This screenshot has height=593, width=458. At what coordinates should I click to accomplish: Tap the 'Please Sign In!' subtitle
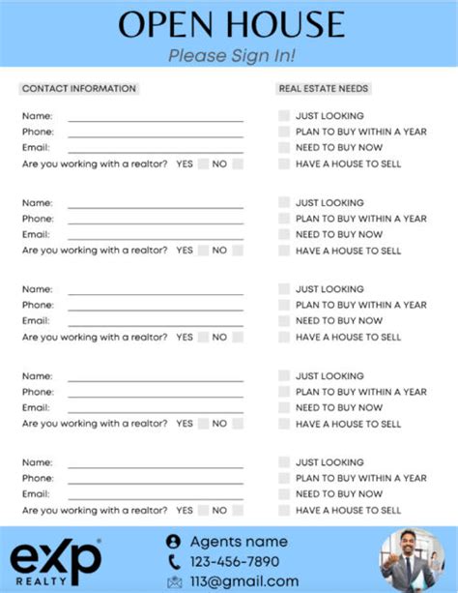(232, 55)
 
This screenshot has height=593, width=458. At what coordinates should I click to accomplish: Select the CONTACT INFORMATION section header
(79, 89)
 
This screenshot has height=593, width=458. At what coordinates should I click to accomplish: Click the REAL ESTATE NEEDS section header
(324, 89)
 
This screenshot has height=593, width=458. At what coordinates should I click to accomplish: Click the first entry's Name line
(156, 118)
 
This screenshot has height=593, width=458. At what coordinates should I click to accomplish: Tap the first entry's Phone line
(156, 133)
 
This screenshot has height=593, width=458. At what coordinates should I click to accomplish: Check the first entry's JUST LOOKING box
(284, 116)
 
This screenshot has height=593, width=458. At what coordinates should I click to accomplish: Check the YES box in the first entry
(203, 164)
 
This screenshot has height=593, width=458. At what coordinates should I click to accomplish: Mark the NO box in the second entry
(238, 251)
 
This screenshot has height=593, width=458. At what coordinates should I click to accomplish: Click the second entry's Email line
(156, 236)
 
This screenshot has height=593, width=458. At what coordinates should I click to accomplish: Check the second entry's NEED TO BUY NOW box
(284, 234)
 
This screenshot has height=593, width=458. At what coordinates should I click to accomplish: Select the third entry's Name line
(156, 290)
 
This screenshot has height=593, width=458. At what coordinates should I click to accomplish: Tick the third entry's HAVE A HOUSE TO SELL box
(284, 337)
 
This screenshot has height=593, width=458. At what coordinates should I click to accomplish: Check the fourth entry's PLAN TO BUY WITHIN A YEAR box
(284, 392)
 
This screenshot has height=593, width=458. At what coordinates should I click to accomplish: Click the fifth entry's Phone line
(156, 480)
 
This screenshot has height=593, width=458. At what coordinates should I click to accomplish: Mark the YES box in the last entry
(203, 510)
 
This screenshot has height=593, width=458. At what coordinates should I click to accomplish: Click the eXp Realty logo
(55, 561)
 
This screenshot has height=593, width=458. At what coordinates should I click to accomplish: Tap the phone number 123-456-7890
(234, 561)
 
